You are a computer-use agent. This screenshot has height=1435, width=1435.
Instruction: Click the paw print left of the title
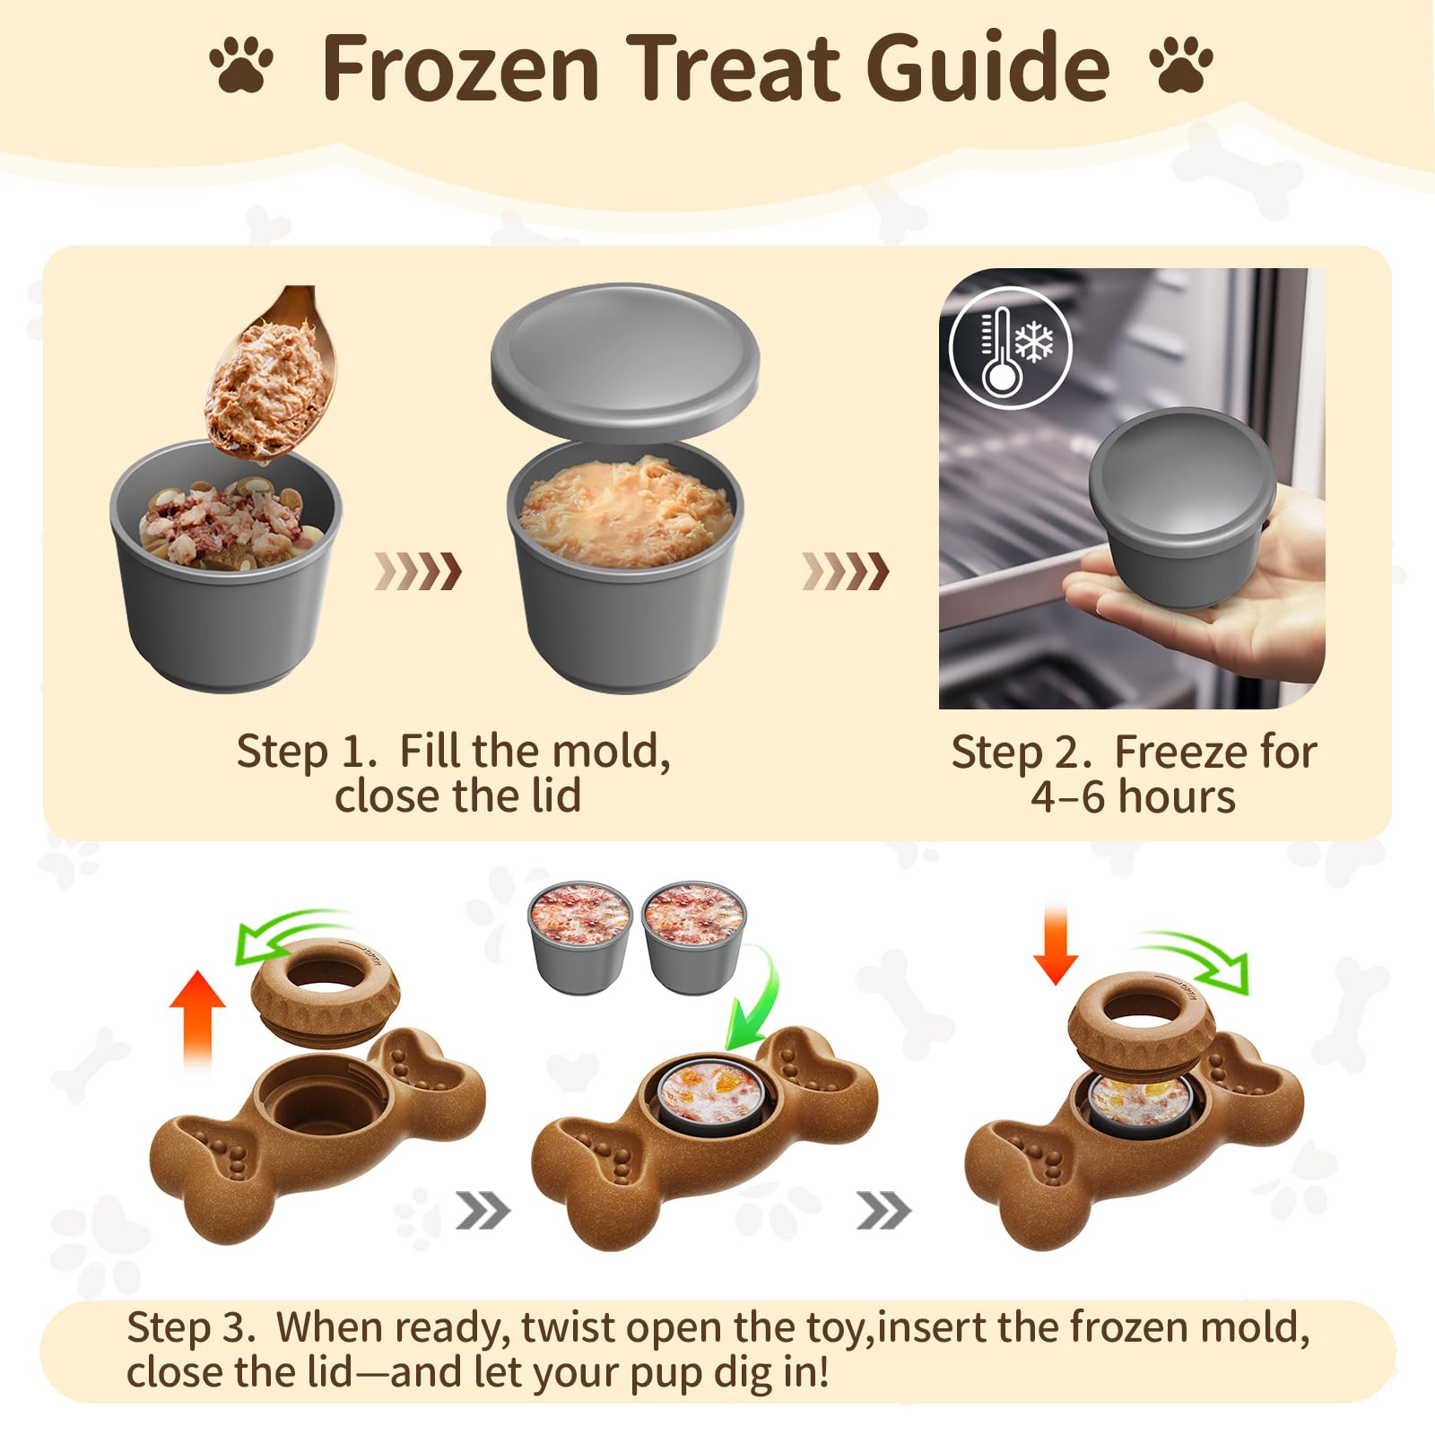coord(241,64)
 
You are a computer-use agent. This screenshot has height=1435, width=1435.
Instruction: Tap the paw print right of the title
coord(1181,64)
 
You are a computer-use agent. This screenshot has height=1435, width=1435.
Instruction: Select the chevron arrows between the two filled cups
coord(418,571)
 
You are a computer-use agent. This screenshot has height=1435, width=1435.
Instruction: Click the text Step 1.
coord(305,752)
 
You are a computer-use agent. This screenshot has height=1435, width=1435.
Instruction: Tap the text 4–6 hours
coord(1132,796)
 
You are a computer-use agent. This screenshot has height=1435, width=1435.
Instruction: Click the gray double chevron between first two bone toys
coord(483,1213)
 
